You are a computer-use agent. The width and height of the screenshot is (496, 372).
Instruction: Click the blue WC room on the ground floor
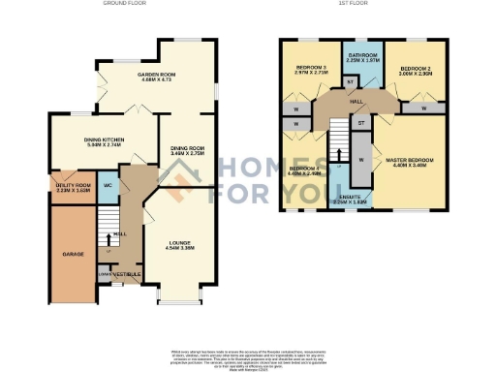coord(108,185)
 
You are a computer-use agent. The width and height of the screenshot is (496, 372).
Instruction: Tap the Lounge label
coord(179,244)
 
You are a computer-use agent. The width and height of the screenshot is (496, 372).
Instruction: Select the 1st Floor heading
coord(351,4)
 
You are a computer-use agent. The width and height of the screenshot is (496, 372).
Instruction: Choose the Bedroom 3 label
coord(312,68)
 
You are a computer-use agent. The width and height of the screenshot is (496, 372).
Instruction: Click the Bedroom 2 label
coord(415,69)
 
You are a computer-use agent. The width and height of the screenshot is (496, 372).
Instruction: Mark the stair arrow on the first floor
coord(339,146)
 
